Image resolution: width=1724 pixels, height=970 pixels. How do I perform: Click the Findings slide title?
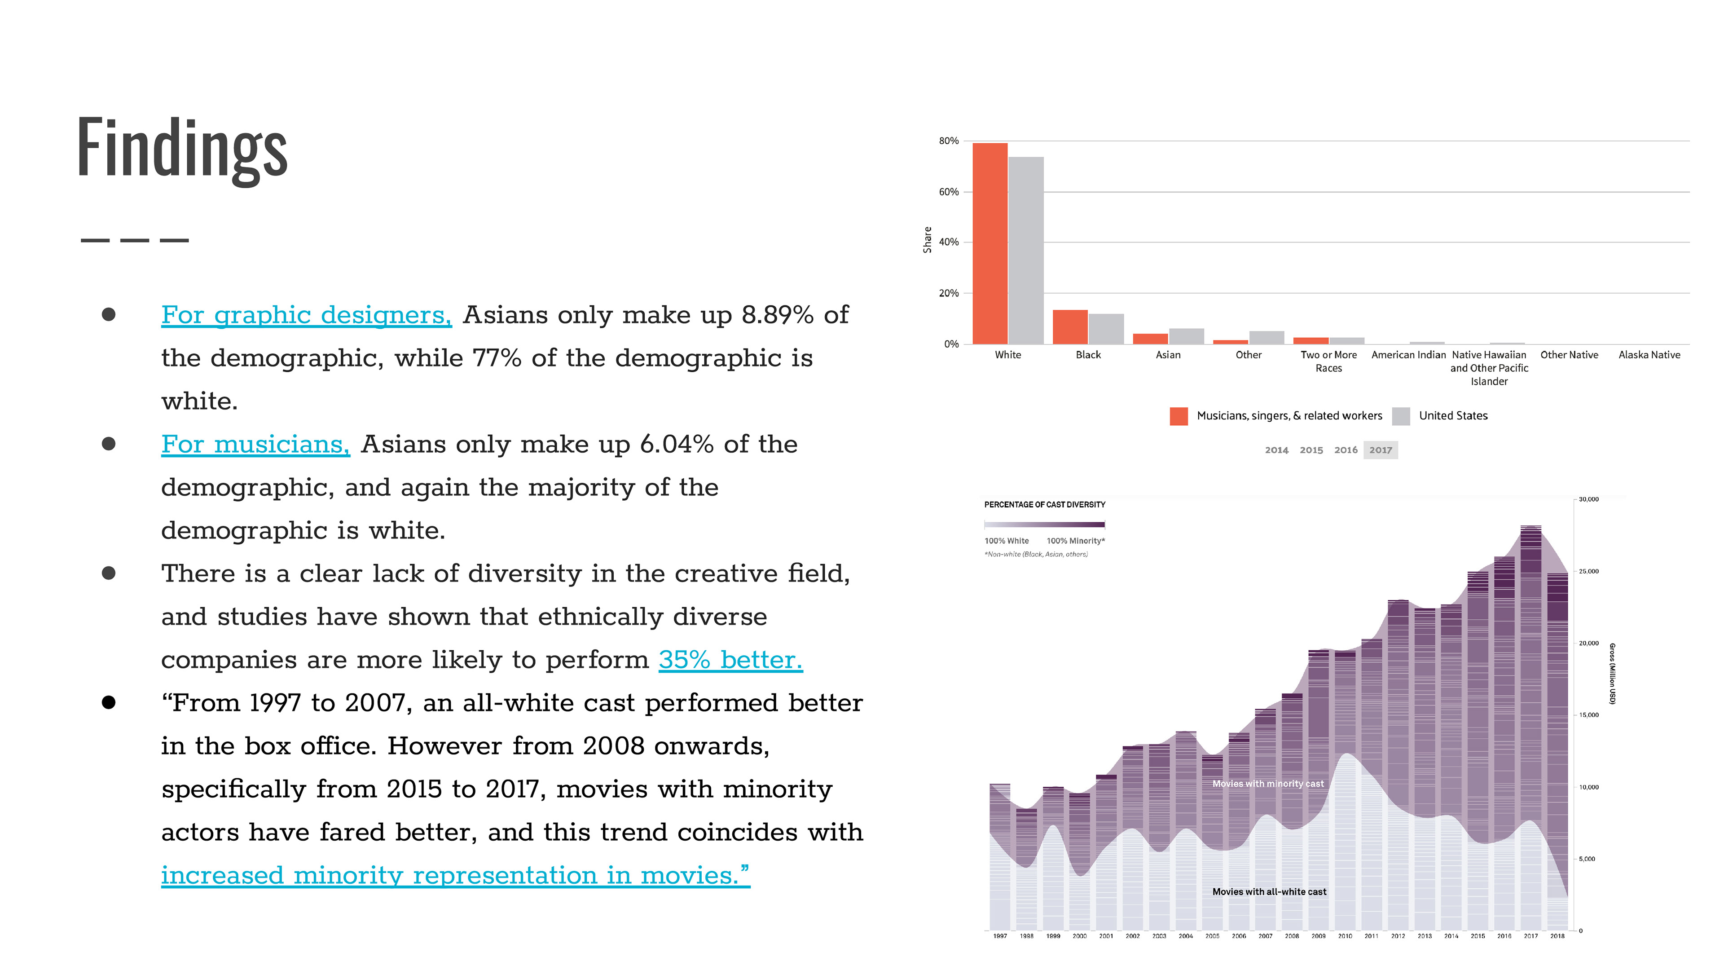[182, 149]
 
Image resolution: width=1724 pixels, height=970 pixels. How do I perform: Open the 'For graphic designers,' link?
[307, 315]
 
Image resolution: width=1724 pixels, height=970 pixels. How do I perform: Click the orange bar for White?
[990, 244]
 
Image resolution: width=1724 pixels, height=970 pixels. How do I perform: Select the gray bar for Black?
[1106, 329]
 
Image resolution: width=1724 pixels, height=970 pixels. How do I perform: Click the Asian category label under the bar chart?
[1168, 355]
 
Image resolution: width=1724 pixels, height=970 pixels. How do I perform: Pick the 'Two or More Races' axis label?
[1328, 362]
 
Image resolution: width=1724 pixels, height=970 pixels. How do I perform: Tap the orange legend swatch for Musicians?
[1179, 416]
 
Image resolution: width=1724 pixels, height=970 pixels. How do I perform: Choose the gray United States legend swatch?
[1401, 416]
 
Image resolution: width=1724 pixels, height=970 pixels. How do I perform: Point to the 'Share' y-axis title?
[928, 240]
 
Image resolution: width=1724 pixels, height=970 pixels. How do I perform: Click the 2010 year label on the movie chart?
[1345, 936]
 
